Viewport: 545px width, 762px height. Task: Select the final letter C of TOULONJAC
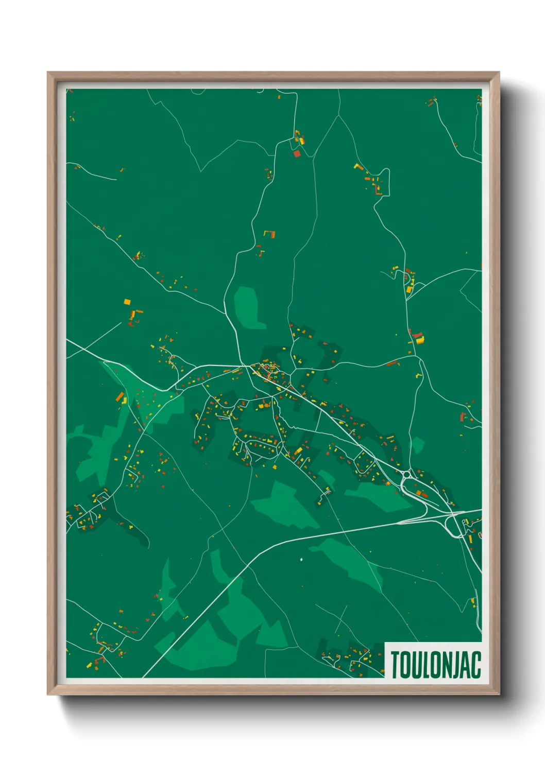point(476,665)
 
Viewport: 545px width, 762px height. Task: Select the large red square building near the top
point(296,153)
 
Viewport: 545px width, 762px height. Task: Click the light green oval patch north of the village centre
point(248,308)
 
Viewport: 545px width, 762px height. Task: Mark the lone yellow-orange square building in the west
point(127,302)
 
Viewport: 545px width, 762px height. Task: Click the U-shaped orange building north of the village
point(269,234)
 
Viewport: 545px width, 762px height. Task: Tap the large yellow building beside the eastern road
point(419,339)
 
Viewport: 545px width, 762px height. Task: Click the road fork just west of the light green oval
point(225,313)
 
